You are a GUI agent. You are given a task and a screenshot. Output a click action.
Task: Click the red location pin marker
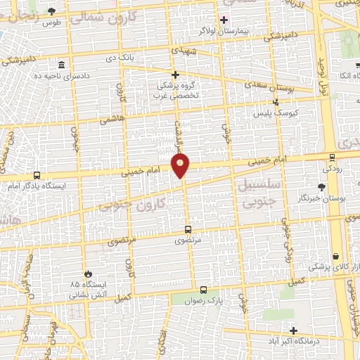(181, 166)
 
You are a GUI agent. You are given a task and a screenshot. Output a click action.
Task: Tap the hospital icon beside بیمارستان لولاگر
(224, 19)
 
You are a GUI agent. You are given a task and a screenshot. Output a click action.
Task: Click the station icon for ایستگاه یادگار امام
(36, 175)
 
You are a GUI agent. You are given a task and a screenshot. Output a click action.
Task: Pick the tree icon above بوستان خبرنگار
(321, 187)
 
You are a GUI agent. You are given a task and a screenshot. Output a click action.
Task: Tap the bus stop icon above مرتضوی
(188, 229)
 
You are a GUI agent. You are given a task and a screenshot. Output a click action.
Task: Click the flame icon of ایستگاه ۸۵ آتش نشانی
(87, 274)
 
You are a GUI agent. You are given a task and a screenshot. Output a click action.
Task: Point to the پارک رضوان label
(225, 300)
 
